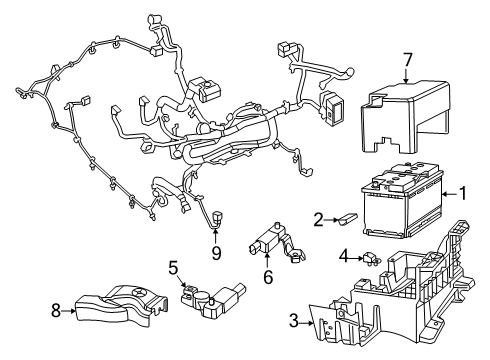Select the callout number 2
[317, 220]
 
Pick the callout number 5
[173, 268]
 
